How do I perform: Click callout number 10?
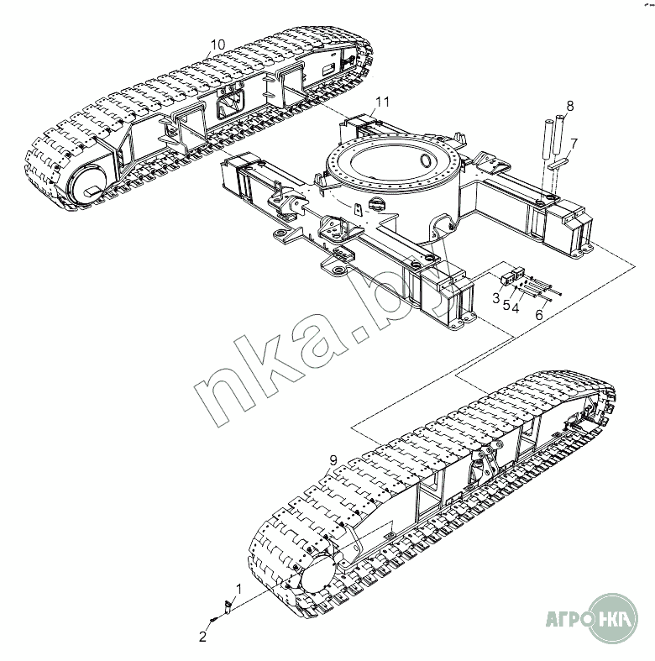[x=217, y=45]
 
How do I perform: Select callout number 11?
[x=383, y=102]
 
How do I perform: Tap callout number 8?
[x=570, y=106]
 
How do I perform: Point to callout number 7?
[x=574, y=144]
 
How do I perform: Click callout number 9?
[x=333, y=460]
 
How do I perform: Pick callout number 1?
[x=238, y=589]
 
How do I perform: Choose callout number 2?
[x=202, y=637]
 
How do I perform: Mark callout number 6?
[x=539, y=314]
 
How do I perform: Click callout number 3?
[x=496, y=298]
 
